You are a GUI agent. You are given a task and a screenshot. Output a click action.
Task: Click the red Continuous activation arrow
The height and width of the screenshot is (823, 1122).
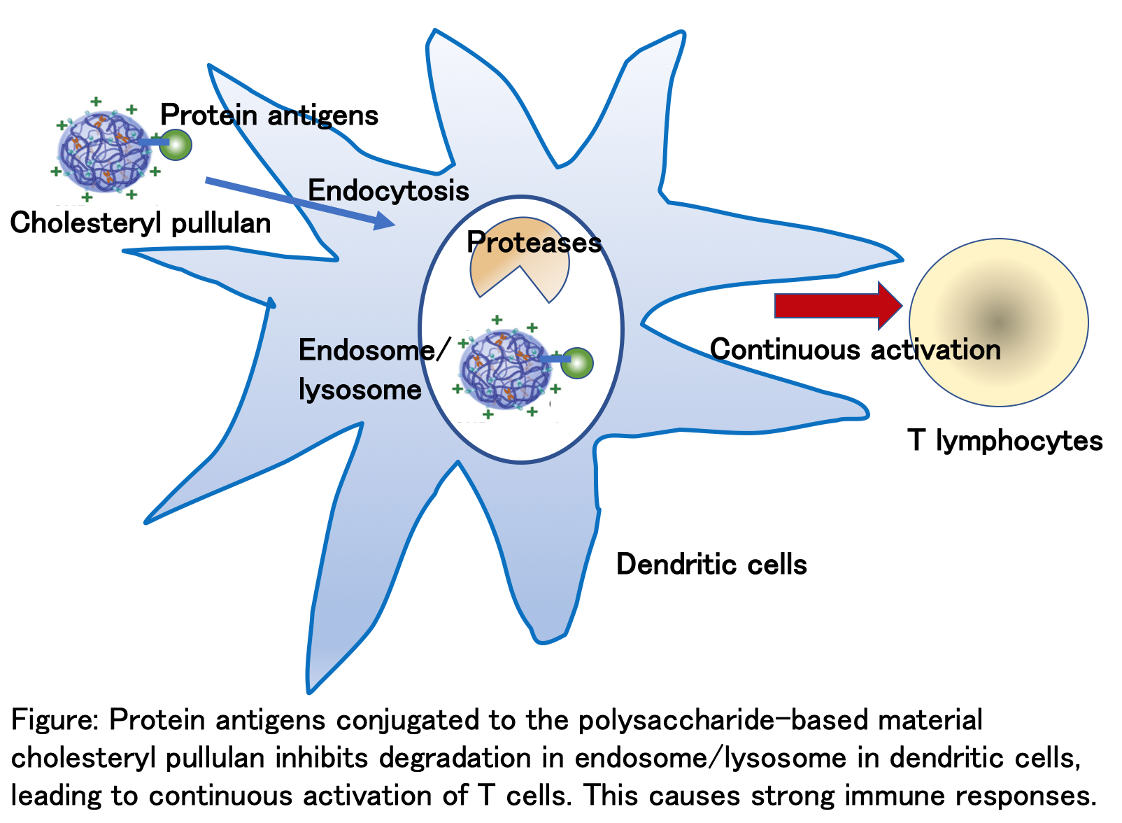point(838,306)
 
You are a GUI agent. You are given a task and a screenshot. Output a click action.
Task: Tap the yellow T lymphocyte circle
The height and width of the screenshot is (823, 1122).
point(999,323)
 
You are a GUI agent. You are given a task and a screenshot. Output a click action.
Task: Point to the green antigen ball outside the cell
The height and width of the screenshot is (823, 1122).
point(176,146)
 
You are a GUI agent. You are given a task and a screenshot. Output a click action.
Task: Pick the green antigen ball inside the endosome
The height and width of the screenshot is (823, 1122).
point(577,363)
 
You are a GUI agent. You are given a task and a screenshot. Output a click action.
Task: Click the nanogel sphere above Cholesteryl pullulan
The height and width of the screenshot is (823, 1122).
point(105,152)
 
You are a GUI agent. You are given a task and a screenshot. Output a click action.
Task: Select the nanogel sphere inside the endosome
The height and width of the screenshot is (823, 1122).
point(506,370)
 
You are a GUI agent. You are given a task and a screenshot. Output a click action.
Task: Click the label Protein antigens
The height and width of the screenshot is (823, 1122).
point(269,115)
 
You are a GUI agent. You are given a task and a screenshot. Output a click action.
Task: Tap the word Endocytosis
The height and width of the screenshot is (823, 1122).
point(388,190)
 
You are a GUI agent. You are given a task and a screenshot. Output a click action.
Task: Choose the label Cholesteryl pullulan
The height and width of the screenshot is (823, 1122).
point(141,223)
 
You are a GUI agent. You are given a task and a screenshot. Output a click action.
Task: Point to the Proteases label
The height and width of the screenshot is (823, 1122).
point(534,242)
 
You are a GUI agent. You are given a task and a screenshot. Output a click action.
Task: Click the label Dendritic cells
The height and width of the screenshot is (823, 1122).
point(711,564)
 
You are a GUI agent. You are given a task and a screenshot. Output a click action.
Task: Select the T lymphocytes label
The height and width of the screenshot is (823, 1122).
point(1004,441)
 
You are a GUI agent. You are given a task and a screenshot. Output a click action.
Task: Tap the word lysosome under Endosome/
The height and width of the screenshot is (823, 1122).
point(360,390)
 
